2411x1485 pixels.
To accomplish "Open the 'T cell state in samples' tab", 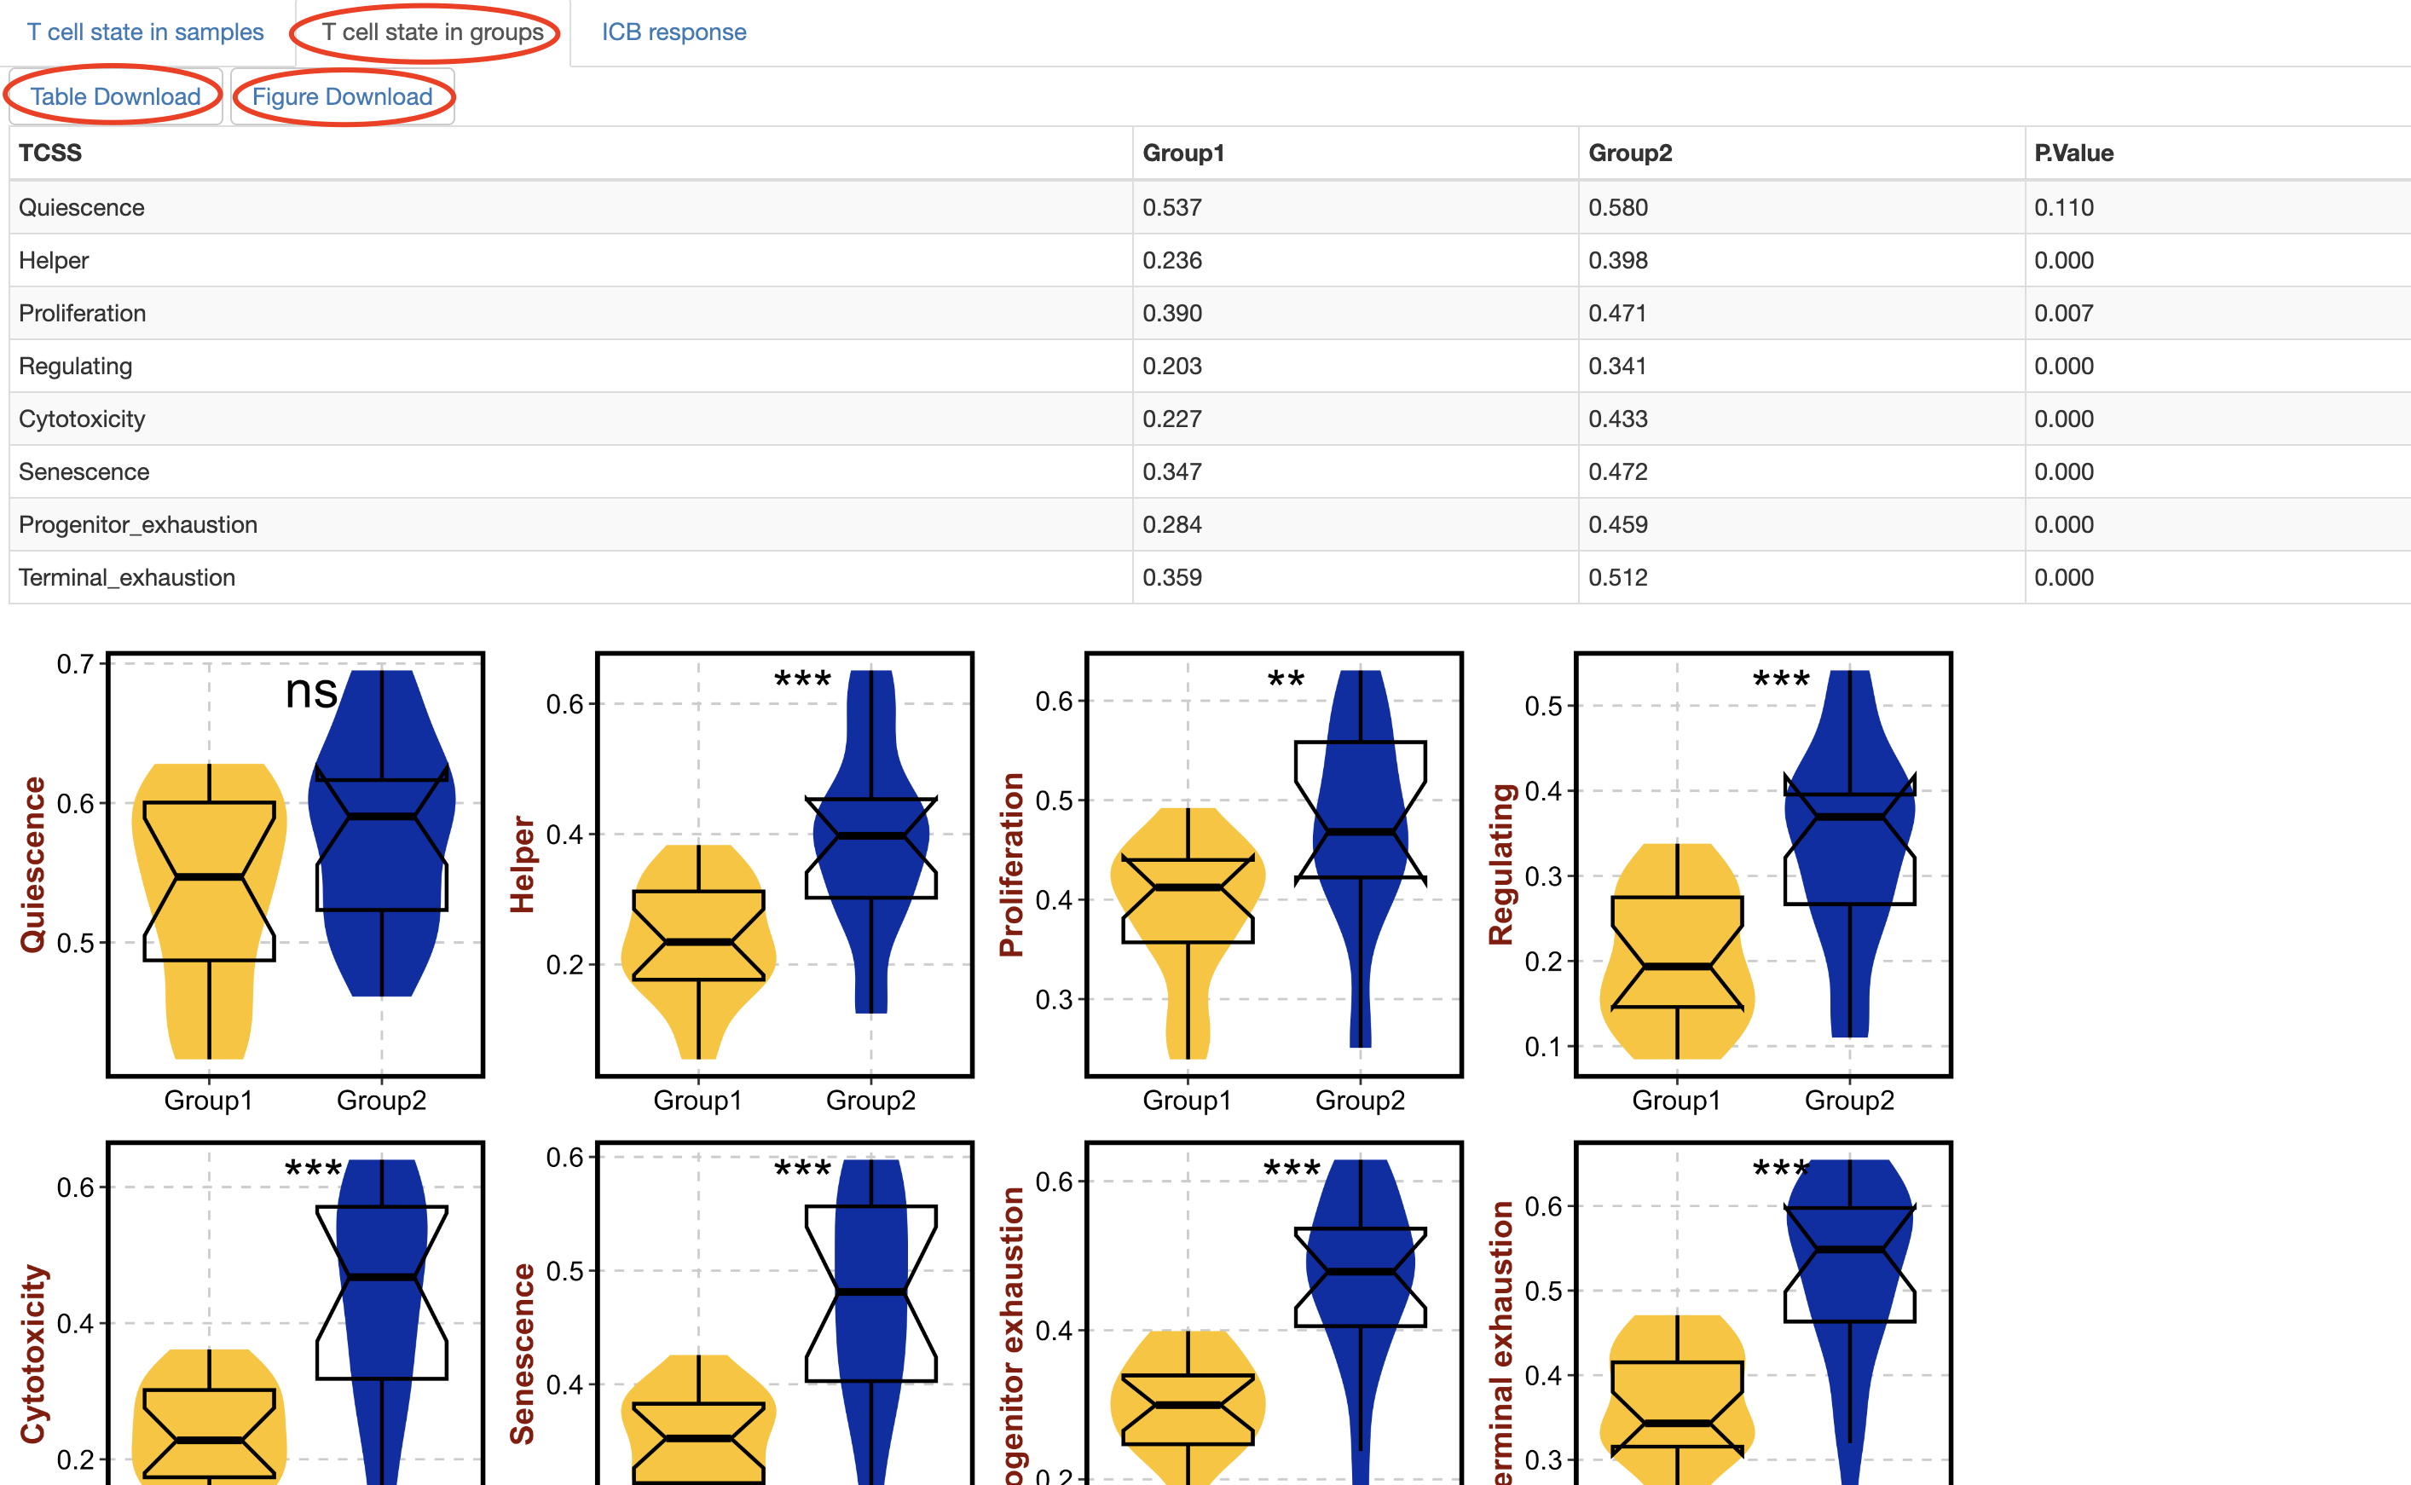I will (x=145, y=32).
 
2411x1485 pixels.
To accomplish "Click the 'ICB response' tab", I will (x=674, y=32).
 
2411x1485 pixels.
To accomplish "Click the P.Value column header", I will (x=2073, y=153).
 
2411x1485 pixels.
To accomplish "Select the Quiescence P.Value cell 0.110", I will (x=2063, y=207).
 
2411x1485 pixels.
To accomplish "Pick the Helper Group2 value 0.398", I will (x=1617, y=260).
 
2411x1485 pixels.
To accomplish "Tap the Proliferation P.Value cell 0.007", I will (x=2063, y=314).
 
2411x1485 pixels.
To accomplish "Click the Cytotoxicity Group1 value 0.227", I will (x=1171, y=419).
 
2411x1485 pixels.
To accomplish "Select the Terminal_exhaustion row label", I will (x=127, y=577).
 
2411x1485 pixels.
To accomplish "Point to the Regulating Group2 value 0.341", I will (x=1617, y=367).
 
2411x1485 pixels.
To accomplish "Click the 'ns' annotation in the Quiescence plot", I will (x=311, y=691).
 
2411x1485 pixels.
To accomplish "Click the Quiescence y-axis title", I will (x=33, y=864).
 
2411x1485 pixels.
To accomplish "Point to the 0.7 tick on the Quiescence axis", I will (x=76, y=665).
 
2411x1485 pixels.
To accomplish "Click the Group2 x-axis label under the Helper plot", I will (x=870, y=1100).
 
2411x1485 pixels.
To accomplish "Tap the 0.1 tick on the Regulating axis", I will (x=1543, y=1047).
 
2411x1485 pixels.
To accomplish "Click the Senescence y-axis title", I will (x=523, y=1354).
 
